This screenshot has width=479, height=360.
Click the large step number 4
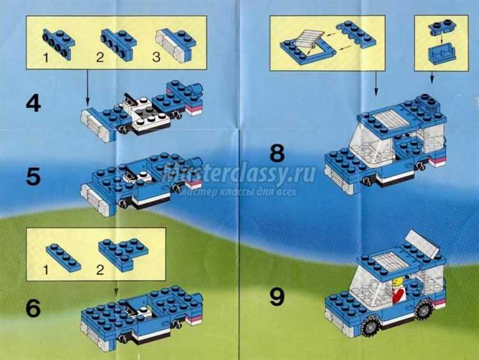(33, 104)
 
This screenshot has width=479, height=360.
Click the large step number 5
(33, 177)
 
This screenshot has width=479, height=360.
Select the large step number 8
(277, 153)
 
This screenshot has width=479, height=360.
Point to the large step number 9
(277, 297)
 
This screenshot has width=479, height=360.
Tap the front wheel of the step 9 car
(370, 326)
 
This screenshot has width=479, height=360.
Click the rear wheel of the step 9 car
(423, 309)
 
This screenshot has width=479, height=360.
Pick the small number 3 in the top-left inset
(156, 57)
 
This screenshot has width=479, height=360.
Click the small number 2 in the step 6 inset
(100, 270)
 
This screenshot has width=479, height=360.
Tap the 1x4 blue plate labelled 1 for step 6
(63, 257)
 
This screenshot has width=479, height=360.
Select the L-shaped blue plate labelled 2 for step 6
(123, 254)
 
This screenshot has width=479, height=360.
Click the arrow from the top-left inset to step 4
(87, 87)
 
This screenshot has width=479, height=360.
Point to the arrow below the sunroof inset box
(376, 82)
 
